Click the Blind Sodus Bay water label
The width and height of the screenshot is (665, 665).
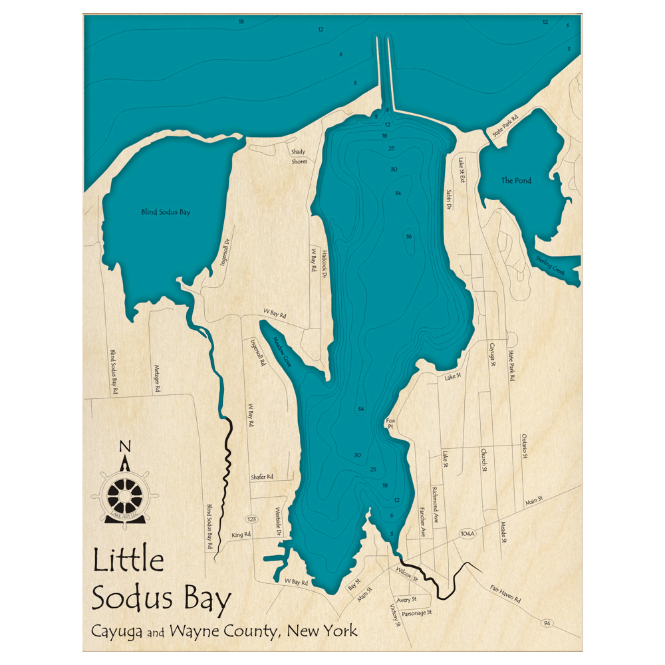coord(166,212)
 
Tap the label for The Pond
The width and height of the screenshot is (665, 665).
coord(516,180)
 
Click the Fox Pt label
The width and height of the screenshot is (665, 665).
coord(390,423)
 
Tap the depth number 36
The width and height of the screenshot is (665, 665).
coord(409,237)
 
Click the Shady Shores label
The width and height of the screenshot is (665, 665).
coord(299,156)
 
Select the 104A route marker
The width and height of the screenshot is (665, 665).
coord(467,534)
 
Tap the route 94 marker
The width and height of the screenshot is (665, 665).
coord(546,623)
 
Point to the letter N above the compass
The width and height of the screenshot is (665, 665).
coord(124,447)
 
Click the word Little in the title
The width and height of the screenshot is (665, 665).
coord(128,561)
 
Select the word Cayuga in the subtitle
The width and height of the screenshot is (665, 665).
coord(121,632)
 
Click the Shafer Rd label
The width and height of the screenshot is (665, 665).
coord(262,477)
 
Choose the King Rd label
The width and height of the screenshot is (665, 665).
coord(241,534)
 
